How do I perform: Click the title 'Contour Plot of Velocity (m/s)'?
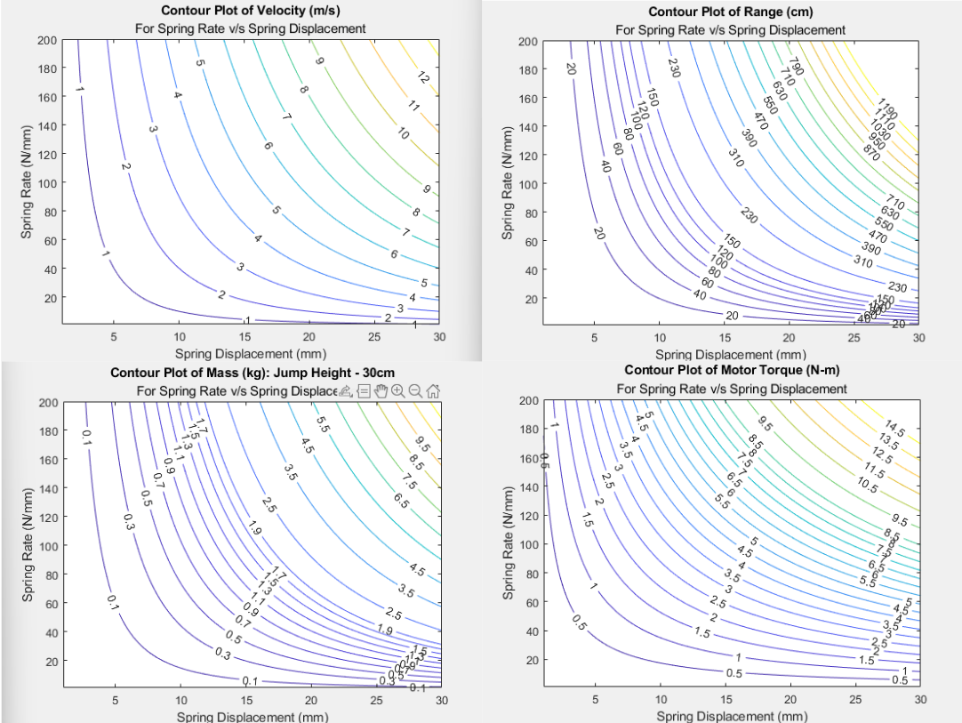[251, 11]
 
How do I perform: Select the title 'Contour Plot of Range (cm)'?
[730, 12]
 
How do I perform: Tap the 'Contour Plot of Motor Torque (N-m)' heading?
[732, 370]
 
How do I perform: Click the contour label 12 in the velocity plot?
[423, 78]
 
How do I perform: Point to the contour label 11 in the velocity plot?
[413, 106]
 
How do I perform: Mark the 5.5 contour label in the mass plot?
[324, 426]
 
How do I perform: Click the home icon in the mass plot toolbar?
[434, 390]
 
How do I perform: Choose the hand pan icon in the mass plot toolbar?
[381, 390]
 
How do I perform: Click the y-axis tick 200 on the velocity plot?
[46, 40]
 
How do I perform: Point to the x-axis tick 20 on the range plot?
[789, 338]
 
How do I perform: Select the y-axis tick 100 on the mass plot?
[48, 546]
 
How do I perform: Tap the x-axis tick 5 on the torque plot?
[596, 700]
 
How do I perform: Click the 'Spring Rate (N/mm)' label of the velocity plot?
[28, 182]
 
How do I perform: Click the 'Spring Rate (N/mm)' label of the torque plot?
[509, 542]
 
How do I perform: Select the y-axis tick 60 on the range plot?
[531, 242]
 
